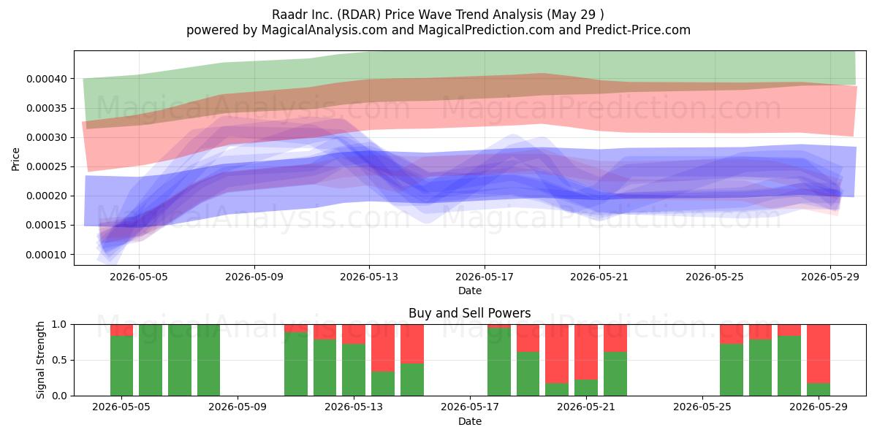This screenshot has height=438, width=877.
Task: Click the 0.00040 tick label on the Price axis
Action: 47,79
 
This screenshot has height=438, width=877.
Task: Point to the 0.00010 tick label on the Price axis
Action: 47,255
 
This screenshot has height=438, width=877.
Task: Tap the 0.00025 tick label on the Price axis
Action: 47,167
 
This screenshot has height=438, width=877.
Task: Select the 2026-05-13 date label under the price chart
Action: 369,277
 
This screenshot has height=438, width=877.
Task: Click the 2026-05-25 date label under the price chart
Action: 715,277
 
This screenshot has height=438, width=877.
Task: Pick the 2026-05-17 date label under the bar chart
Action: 470,407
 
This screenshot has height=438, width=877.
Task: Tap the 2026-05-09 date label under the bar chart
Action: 238,407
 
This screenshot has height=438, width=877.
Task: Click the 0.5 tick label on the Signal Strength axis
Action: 59,360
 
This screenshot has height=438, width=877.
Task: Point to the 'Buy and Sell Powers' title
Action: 470,313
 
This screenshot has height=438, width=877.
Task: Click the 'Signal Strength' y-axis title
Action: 40,360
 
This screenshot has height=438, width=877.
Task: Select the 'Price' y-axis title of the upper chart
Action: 15,159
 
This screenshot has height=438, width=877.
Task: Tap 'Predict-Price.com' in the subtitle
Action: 638,30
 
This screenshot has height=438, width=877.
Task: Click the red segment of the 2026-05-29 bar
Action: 819,354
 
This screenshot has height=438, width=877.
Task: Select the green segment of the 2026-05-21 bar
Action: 586,388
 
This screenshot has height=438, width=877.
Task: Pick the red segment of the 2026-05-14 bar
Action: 383,348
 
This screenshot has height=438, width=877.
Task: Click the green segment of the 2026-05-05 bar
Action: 122,366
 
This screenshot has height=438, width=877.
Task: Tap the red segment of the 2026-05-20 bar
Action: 557,354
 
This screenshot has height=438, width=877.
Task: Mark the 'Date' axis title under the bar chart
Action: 470,422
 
